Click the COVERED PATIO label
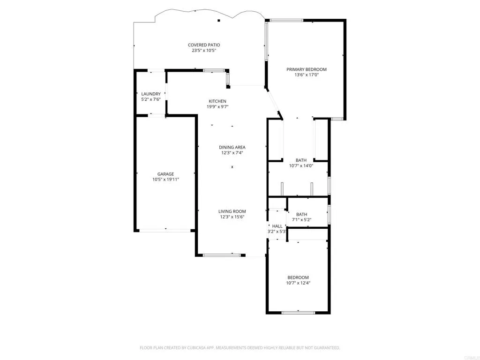pyautogui.click(x=204, y=45)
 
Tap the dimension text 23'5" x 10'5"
pyautogui.click(x=204, y=50)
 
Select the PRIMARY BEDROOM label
pyautogui.click(x=307, y=69)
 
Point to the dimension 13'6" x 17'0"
pyautogui.click(x=307, y=75)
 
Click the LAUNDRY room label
pyautogui.click(x=151, y=94)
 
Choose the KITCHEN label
pyautogui.click(x=217, y=101)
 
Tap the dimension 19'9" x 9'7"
pyautogui.click(x=217, y=106)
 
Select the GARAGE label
pyautogui.click(x=165, y=174)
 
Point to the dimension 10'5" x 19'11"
pyautogui.click(x=165, y=179)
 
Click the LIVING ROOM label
pyautogui.click(x=232, y=211)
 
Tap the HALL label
pyautogui.click(x=277, y=226)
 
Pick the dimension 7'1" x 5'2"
pyautogui.click(x=301, y=219)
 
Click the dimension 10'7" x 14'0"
pyautogui.click(x=301, y=165)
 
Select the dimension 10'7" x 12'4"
pyautogui.click(x=298, y=283)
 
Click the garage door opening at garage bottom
pyautogui.click(x=165, y=230)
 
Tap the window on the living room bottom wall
pyautogui.click(x=221, y=255)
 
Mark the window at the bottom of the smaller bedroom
pyautogui.click(x=298, y=312)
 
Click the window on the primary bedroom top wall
pyautogui.click(x=286, y=20)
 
